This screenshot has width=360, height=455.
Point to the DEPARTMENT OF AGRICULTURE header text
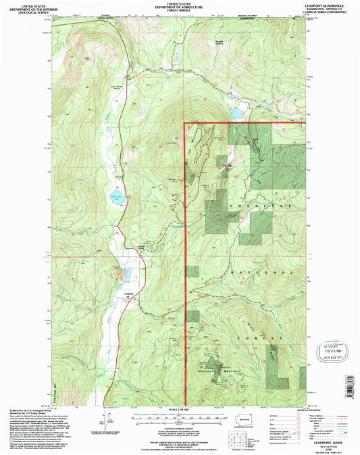tap(180, 7)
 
